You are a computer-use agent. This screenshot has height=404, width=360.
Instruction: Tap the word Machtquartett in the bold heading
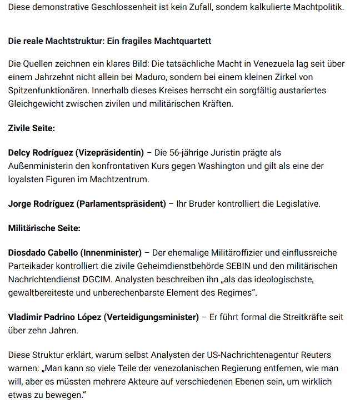(x=183, y=42)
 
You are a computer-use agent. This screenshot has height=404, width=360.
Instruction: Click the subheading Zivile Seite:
(x=31, y=128)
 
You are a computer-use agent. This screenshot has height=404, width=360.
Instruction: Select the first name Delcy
(x=19, y=153)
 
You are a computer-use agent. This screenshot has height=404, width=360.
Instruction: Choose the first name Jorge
(x=20, y=203)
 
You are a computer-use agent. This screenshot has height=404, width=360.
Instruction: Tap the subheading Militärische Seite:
(x=44, y=228)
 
